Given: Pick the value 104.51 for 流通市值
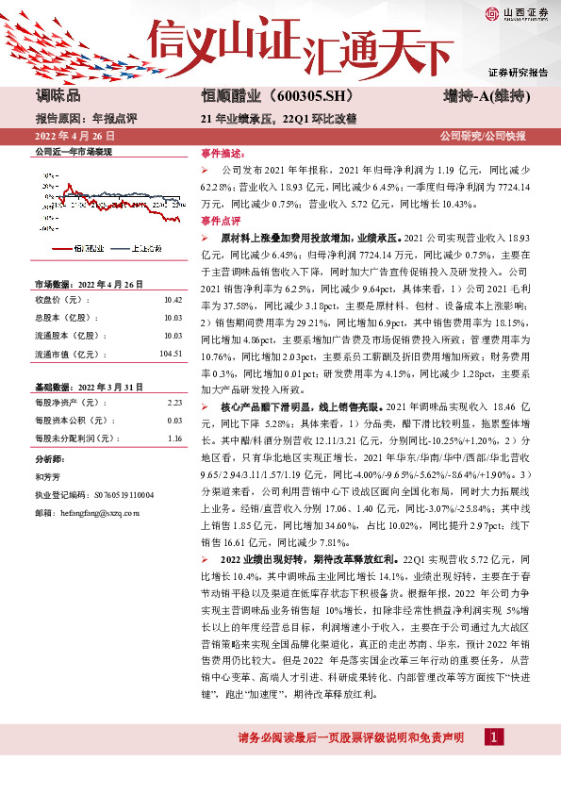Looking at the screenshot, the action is coord(170,354).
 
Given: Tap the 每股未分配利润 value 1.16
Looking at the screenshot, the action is coord(173,438).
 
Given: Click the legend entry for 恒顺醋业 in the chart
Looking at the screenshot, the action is coord(88,248).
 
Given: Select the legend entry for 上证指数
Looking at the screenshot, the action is coord(143,248).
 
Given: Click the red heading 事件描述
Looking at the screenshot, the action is coord(220,152).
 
